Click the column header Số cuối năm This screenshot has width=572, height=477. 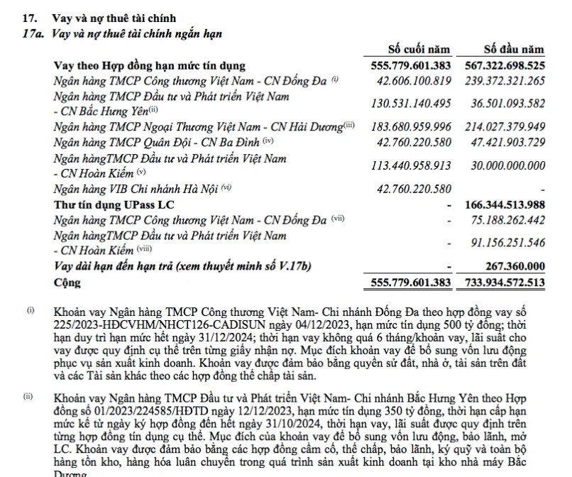pyautogui.click(x=419, y=50)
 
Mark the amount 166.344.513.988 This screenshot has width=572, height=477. pyautogui.click(x=504, y=204)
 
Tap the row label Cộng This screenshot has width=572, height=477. pyautogui.click(x=67, y=282)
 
